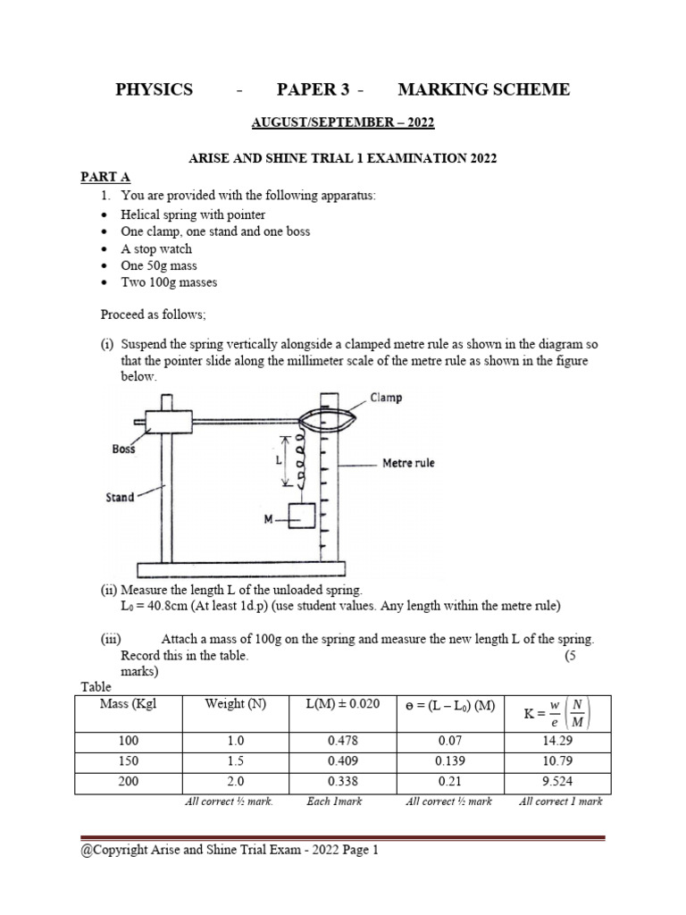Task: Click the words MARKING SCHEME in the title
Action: pyautogui.click(x=483, y=89)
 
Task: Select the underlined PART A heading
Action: pyautogui.click(x=106, y=178)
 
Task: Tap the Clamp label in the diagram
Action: pyautogui.click(x=385, y=398)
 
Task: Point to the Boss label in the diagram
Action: pyautogui.click(x=123, y=449)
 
